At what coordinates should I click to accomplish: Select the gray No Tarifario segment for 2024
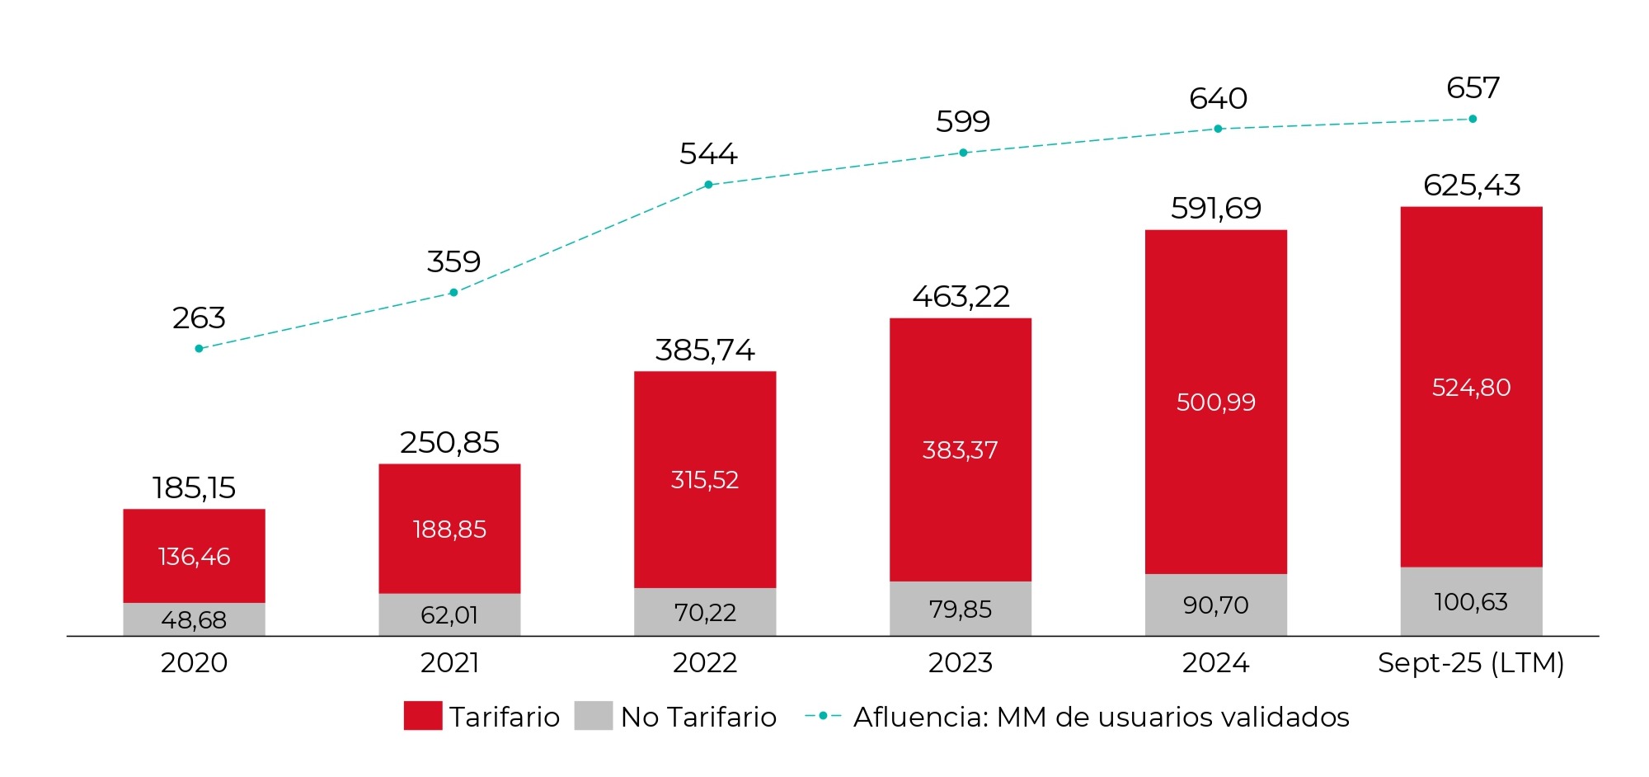click(1215, 605)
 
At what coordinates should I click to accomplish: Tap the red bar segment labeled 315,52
click(704, 479)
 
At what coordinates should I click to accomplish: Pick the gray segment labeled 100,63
click(1471, 601)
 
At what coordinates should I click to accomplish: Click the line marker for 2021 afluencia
click(453, 292)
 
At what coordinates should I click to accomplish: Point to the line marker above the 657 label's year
click(1473, 119)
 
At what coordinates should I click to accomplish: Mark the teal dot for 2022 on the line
click(708, 185)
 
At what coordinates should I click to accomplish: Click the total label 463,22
click(961, 296)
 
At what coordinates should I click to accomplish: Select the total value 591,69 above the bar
click(1216, 208)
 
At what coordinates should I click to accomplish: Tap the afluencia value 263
click(199, 318)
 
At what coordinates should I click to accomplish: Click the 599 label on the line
click(962, 121)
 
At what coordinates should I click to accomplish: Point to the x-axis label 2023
click(961, 662)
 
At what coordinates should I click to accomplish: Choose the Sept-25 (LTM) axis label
click(1471, 662)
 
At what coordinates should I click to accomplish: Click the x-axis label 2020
click(194, 662)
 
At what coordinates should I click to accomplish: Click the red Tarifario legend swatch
click(422, 715)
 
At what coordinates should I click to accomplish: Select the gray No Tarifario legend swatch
click(593, 715)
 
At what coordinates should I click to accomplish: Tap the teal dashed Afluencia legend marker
click(823, 715)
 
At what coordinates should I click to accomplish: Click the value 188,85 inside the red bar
click(449, 529)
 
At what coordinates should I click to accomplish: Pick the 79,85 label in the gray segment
click(961, 609)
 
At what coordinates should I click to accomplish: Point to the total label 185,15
click(194, 487)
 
